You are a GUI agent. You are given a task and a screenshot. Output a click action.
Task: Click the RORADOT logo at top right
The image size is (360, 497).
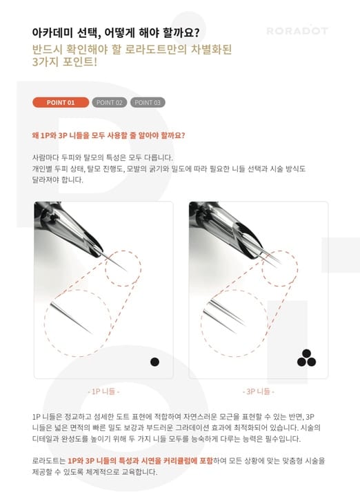297,31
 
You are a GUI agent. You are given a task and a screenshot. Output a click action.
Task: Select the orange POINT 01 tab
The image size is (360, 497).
61,103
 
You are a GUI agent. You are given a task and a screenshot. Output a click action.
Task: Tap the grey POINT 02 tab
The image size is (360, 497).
110,103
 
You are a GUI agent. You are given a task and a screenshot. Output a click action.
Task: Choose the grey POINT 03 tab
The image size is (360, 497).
148,103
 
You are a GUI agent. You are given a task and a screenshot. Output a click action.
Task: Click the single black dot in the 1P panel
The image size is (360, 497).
154,362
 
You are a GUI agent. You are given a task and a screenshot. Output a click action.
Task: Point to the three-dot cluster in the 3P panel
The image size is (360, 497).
306,358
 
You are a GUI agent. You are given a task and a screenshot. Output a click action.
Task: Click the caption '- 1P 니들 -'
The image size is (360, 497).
103,391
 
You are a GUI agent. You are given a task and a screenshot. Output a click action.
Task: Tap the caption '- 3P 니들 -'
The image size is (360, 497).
258,391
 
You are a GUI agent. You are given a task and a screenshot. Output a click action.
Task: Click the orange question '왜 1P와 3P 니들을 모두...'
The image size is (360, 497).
108,135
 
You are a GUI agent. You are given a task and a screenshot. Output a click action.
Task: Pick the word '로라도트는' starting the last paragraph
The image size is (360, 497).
48,460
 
